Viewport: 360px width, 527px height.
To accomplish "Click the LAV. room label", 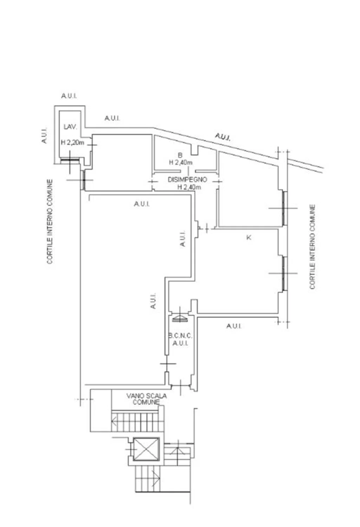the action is click(x=70, y=127).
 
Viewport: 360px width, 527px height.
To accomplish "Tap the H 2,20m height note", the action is click(x=72, y=142).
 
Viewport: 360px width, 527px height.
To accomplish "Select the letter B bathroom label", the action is click(x=180, y=155).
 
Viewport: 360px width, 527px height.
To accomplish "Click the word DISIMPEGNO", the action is click(x=187, y=180).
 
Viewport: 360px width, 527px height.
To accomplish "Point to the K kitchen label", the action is click(x=249, y=238).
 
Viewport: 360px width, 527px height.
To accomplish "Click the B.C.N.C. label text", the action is click(x=180, y=336).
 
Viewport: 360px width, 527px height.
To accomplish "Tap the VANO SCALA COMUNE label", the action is click(x=147, y=399).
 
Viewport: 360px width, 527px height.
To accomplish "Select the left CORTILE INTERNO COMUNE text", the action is click(x=50, y=222).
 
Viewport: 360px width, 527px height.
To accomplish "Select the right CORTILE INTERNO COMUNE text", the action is click(x=312, y=247).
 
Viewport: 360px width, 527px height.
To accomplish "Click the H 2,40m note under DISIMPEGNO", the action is click(x=189, y=187).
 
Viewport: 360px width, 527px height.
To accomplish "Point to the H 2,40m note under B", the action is click(x=181, y=162).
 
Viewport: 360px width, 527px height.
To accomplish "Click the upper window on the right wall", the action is click(x=284, y=208).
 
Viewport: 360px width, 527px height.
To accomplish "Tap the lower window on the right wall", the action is click(x=284, y=273).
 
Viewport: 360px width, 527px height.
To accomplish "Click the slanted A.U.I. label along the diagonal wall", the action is click(x=223, y=137).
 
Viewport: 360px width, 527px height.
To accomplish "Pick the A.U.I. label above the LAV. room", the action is click(x=69, y=96).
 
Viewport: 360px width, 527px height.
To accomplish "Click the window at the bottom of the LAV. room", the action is click(x=70, y=160).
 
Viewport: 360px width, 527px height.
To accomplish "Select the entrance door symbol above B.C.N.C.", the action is click(x=180, y=318).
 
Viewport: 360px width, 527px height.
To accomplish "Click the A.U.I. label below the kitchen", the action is click(x=234, y=326).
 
